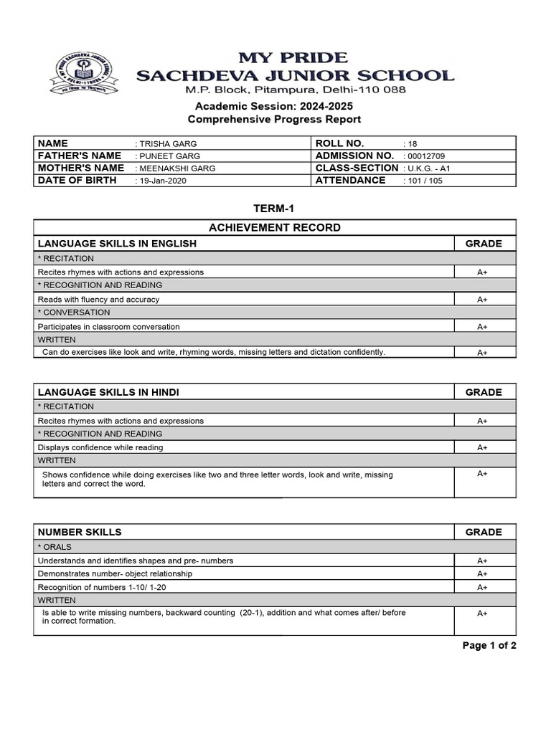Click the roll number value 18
[412, 144]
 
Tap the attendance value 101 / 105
[425, 181]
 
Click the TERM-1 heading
[274, 209]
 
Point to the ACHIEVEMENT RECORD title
[275, 228]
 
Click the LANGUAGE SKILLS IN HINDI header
[108, 392]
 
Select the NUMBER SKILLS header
[80, 532]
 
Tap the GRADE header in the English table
[484, 244]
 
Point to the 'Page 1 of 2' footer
[489, 646]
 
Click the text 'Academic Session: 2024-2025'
[274, 106]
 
